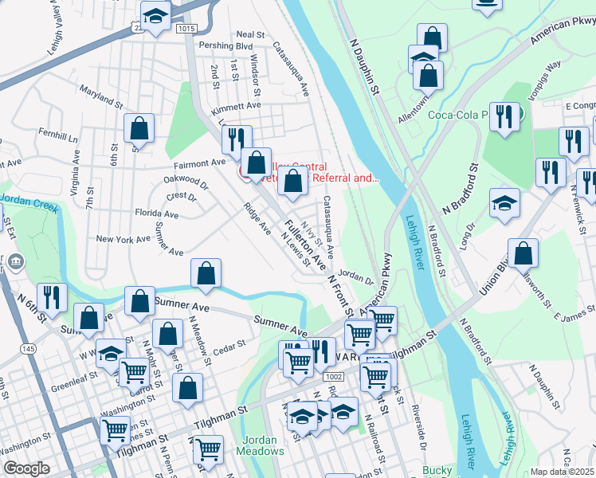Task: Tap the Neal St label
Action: coord(250,34)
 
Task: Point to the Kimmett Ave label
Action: coord(236,105)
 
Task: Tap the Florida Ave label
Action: coord(156,214)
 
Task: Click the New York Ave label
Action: coord(123,239)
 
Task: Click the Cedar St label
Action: coord(227,346)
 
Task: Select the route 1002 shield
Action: coord(334,376)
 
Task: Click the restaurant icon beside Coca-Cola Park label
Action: coord(504,116)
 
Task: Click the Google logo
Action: coord(26,468)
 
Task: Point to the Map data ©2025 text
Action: coord(563,472)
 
